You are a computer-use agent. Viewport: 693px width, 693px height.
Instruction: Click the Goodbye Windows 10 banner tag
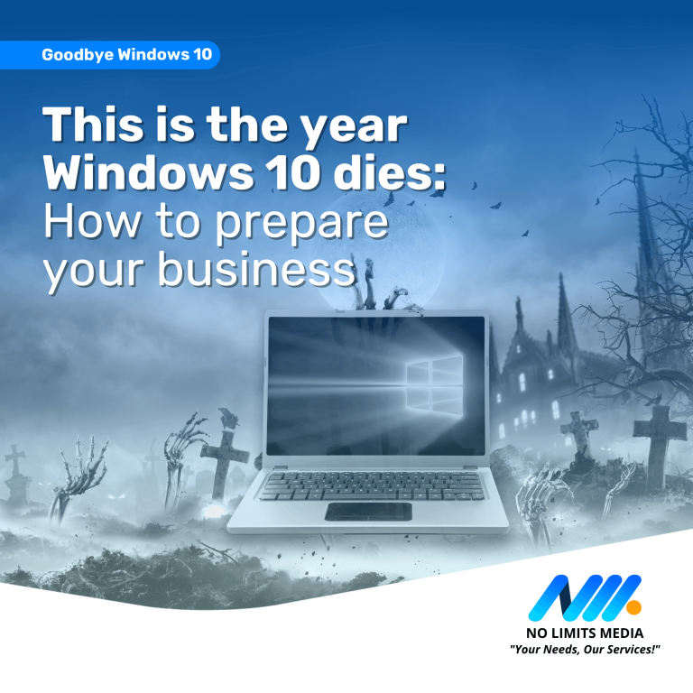tap(109, 55)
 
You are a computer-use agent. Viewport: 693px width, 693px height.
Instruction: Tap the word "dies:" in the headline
tap(390, 172)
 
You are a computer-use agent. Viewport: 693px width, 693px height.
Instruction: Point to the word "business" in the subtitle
tap(257, 268)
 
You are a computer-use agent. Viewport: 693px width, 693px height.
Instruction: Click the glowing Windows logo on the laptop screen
tap(434, 385)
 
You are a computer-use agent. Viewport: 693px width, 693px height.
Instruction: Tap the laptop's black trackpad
tap(368, 512)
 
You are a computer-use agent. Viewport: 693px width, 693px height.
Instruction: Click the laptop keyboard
tap(372, 486)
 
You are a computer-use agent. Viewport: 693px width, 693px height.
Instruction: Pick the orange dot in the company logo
tap(633, 606)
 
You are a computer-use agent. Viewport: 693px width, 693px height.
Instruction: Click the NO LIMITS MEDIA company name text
tap(585, 633)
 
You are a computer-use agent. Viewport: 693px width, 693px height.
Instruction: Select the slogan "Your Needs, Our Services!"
tap(585, 650)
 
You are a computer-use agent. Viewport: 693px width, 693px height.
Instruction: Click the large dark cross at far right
tap(660, 447)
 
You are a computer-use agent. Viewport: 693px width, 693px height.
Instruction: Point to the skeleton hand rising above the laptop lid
tap(366, 282)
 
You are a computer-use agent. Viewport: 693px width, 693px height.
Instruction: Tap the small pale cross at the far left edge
tap(15, 459)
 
